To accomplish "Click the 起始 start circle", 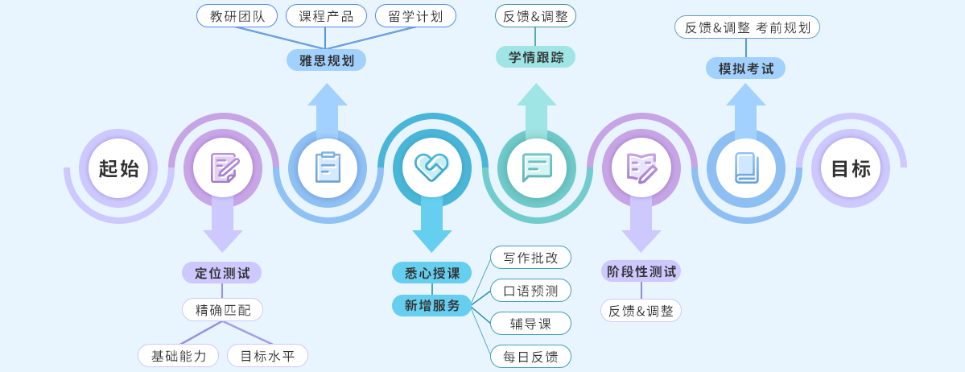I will (118, 168).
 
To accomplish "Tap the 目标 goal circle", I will (851, 168).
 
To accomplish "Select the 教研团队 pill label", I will (237, 16).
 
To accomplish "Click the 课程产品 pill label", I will (326, 16).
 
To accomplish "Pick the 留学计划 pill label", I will (415, 16).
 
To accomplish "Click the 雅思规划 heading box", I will (326, 60).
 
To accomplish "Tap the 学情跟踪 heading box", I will (535, 57).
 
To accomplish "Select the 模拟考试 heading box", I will (745, 68).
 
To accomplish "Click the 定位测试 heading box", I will (222, 273).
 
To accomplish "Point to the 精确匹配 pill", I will (222, 310).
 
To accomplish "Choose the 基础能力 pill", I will (178, 356).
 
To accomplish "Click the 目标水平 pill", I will (267, 356).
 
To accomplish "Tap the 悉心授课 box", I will (431, 273).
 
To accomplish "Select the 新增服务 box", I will (431, 306).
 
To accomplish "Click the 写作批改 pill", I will (530, 258).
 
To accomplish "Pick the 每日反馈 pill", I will (530, 357).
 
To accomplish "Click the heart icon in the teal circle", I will (431, 167).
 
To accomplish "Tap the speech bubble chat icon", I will (537, 167).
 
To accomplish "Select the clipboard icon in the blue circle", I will (328, 167).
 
